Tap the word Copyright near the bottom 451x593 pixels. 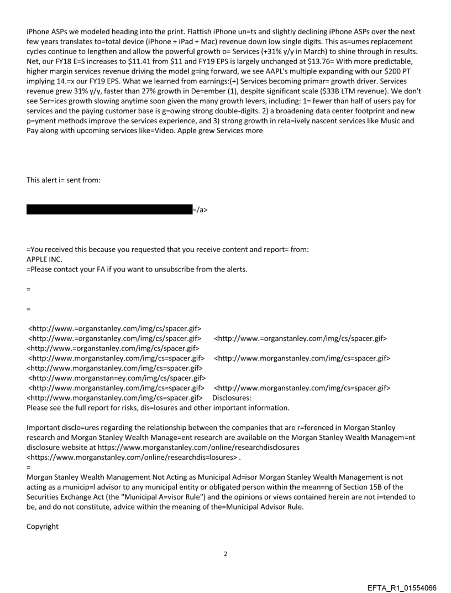[x=43, y=526]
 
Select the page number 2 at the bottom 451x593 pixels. [x=225, y=554]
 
